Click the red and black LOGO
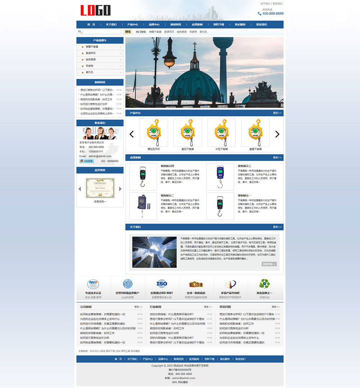[x=95, y=10]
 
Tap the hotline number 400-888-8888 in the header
[x=273, y=14]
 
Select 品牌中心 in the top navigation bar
[x=154, y=24]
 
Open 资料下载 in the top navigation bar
[x=219, y=24]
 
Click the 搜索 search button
[x=128, y=32]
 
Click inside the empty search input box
[x=102, y=32]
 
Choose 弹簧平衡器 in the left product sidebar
[x=92, y=47]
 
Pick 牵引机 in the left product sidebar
[x=89, y=72]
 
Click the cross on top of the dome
[x=195, y=46]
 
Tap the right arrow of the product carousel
[x=277, y=134]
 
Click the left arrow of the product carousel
[x=131, y=134]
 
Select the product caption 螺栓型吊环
[x=154, y=149]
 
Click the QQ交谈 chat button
[x=87, y=161]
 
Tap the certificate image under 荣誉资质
[x=100, y=188]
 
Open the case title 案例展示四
[x=167, y=166]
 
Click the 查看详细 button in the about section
[x=269, y=264]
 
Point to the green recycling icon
[x=265, y=284]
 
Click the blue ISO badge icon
[x=162, y=284]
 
